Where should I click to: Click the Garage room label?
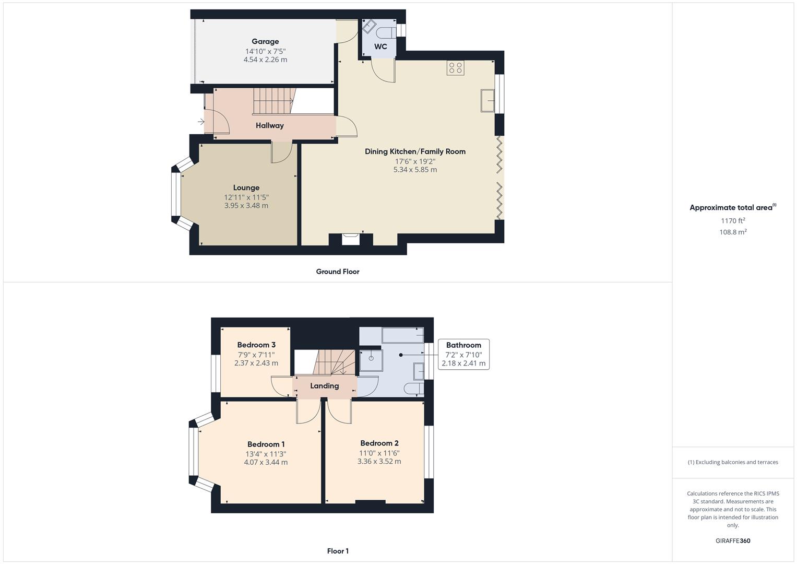(265, 41)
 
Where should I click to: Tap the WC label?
(380, 46)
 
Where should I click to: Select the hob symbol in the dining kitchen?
(455, 68)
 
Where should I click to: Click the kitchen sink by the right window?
(488, 100)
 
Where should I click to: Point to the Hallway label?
(269, 125)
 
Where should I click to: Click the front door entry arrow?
(201, 122)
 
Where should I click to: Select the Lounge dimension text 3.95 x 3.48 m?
(246, 206)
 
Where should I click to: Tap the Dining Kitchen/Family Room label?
(415, 151)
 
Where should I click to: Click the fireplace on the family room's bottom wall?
(351, 239)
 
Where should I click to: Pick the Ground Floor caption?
(338, 272)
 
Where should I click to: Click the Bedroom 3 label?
(256, 345)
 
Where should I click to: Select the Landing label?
(324, 386)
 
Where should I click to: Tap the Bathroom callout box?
(463, 354)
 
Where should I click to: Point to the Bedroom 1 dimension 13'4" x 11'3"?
(266, 454)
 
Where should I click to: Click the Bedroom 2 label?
(379, 443)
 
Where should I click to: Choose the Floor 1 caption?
(338, 551)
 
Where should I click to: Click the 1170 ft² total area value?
(733, 220)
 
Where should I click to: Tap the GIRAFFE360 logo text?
(733, 540)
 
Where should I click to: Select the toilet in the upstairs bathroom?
(413, 388)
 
